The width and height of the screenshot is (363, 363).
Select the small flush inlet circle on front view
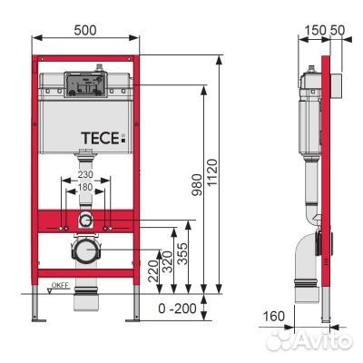click(85, 221)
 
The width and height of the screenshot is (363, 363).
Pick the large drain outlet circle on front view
click(85, 251)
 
